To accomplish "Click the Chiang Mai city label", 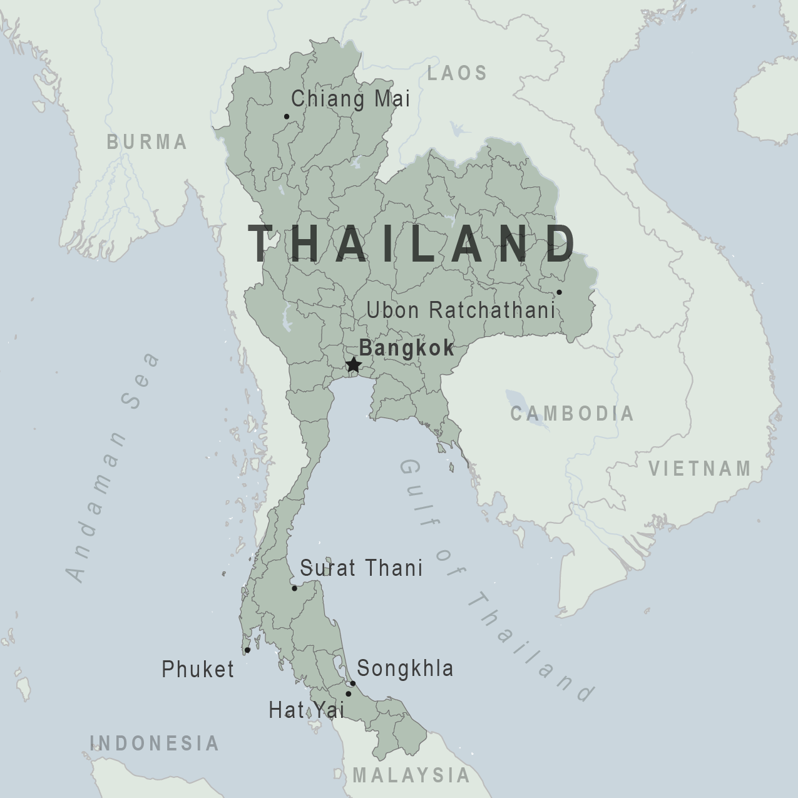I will click(350, 99).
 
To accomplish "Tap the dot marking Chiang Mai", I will click(287, 116).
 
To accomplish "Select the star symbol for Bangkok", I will click(354, 364).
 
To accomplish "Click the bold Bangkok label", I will click(407, 348).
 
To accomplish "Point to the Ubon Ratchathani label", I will click(461, 310).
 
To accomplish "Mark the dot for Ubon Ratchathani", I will click(559, 292).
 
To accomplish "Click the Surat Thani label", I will click(361, 568).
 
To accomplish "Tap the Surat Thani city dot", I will click(294, 588).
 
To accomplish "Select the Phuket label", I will click(198, 669).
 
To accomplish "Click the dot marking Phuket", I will click(247, 650).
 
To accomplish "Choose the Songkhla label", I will click(405, 668).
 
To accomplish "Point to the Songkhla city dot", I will click(353, 683).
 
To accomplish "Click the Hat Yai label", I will click(307, 710).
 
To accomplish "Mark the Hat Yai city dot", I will click(349, 694).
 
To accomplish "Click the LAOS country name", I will click(457, 73).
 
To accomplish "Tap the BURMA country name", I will click(147, 142).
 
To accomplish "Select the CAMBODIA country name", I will click(572, 414).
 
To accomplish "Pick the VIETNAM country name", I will click(700, 468).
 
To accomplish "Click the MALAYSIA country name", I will click(411, 775).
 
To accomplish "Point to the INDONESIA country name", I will click(155, 743).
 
